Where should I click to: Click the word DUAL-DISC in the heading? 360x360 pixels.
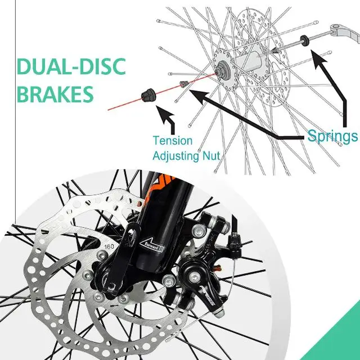pyautogui.click(x=63, y=66)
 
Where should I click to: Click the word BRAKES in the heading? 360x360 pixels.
pyautogui.click(x=47, y=94)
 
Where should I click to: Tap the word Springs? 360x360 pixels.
pyautogui.click(x=332, y=136)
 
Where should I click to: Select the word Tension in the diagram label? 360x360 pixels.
pyautogui.click(x=172, y=141)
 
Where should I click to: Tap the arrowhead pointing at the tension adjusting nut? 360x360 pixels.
pyautogui.click(x=164, y=115)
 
